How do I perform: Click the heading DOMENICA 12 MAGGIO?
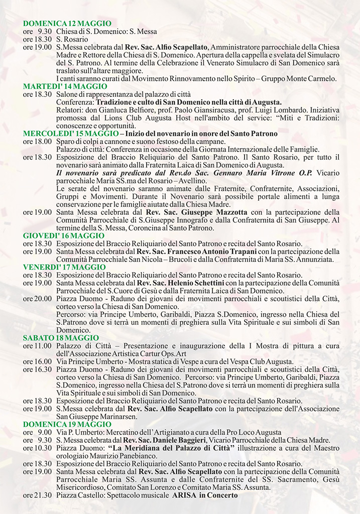(67, 24)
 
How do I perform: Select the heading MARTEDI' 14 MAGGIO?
(65, 86)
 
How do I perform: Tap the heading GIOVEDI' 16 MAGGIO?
(64, 235)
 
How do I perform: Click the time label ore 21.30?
(37, 495)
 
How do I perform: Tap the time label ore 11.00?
(37, 346)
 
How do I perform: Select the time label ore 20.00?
(37, 299)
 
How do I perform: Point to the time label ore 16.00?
(37, 361)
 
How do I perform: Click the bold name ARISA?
(185, 495)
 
